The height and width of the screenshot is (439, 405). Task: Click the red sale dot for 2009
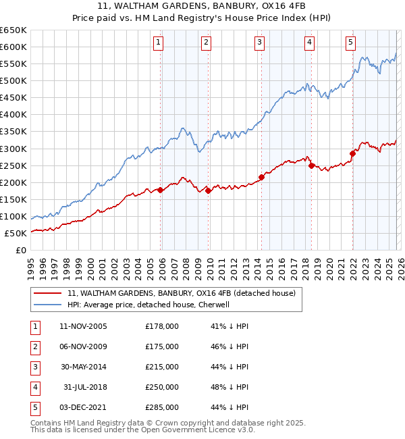[209, 191]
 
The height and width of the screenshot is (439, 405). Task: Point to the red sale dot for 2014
[261, 178]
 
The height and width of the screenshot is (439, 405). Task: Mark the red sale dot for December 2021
[352, 153]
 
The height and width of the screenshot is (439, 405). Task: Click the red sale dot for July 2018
[311, 165]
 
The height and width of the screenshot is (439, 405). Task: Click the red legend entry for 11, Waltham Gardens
[182, 293]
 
